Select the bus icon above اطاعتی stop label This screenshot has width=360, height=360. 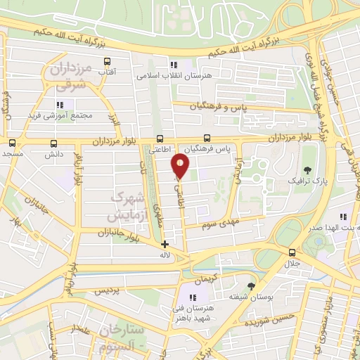tap(160, 139)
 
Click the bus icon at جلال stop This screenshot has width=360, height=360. tap(292, 252)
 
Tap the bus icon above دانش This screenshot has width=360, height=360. tap(53, 142)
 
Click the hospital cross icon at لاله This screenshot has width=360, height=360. tap(165, 245)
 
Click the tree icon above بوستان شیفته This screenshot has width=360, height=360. tap(251, 285)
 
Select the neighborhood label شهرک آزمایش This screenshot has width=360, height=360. tap(128, 204)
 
